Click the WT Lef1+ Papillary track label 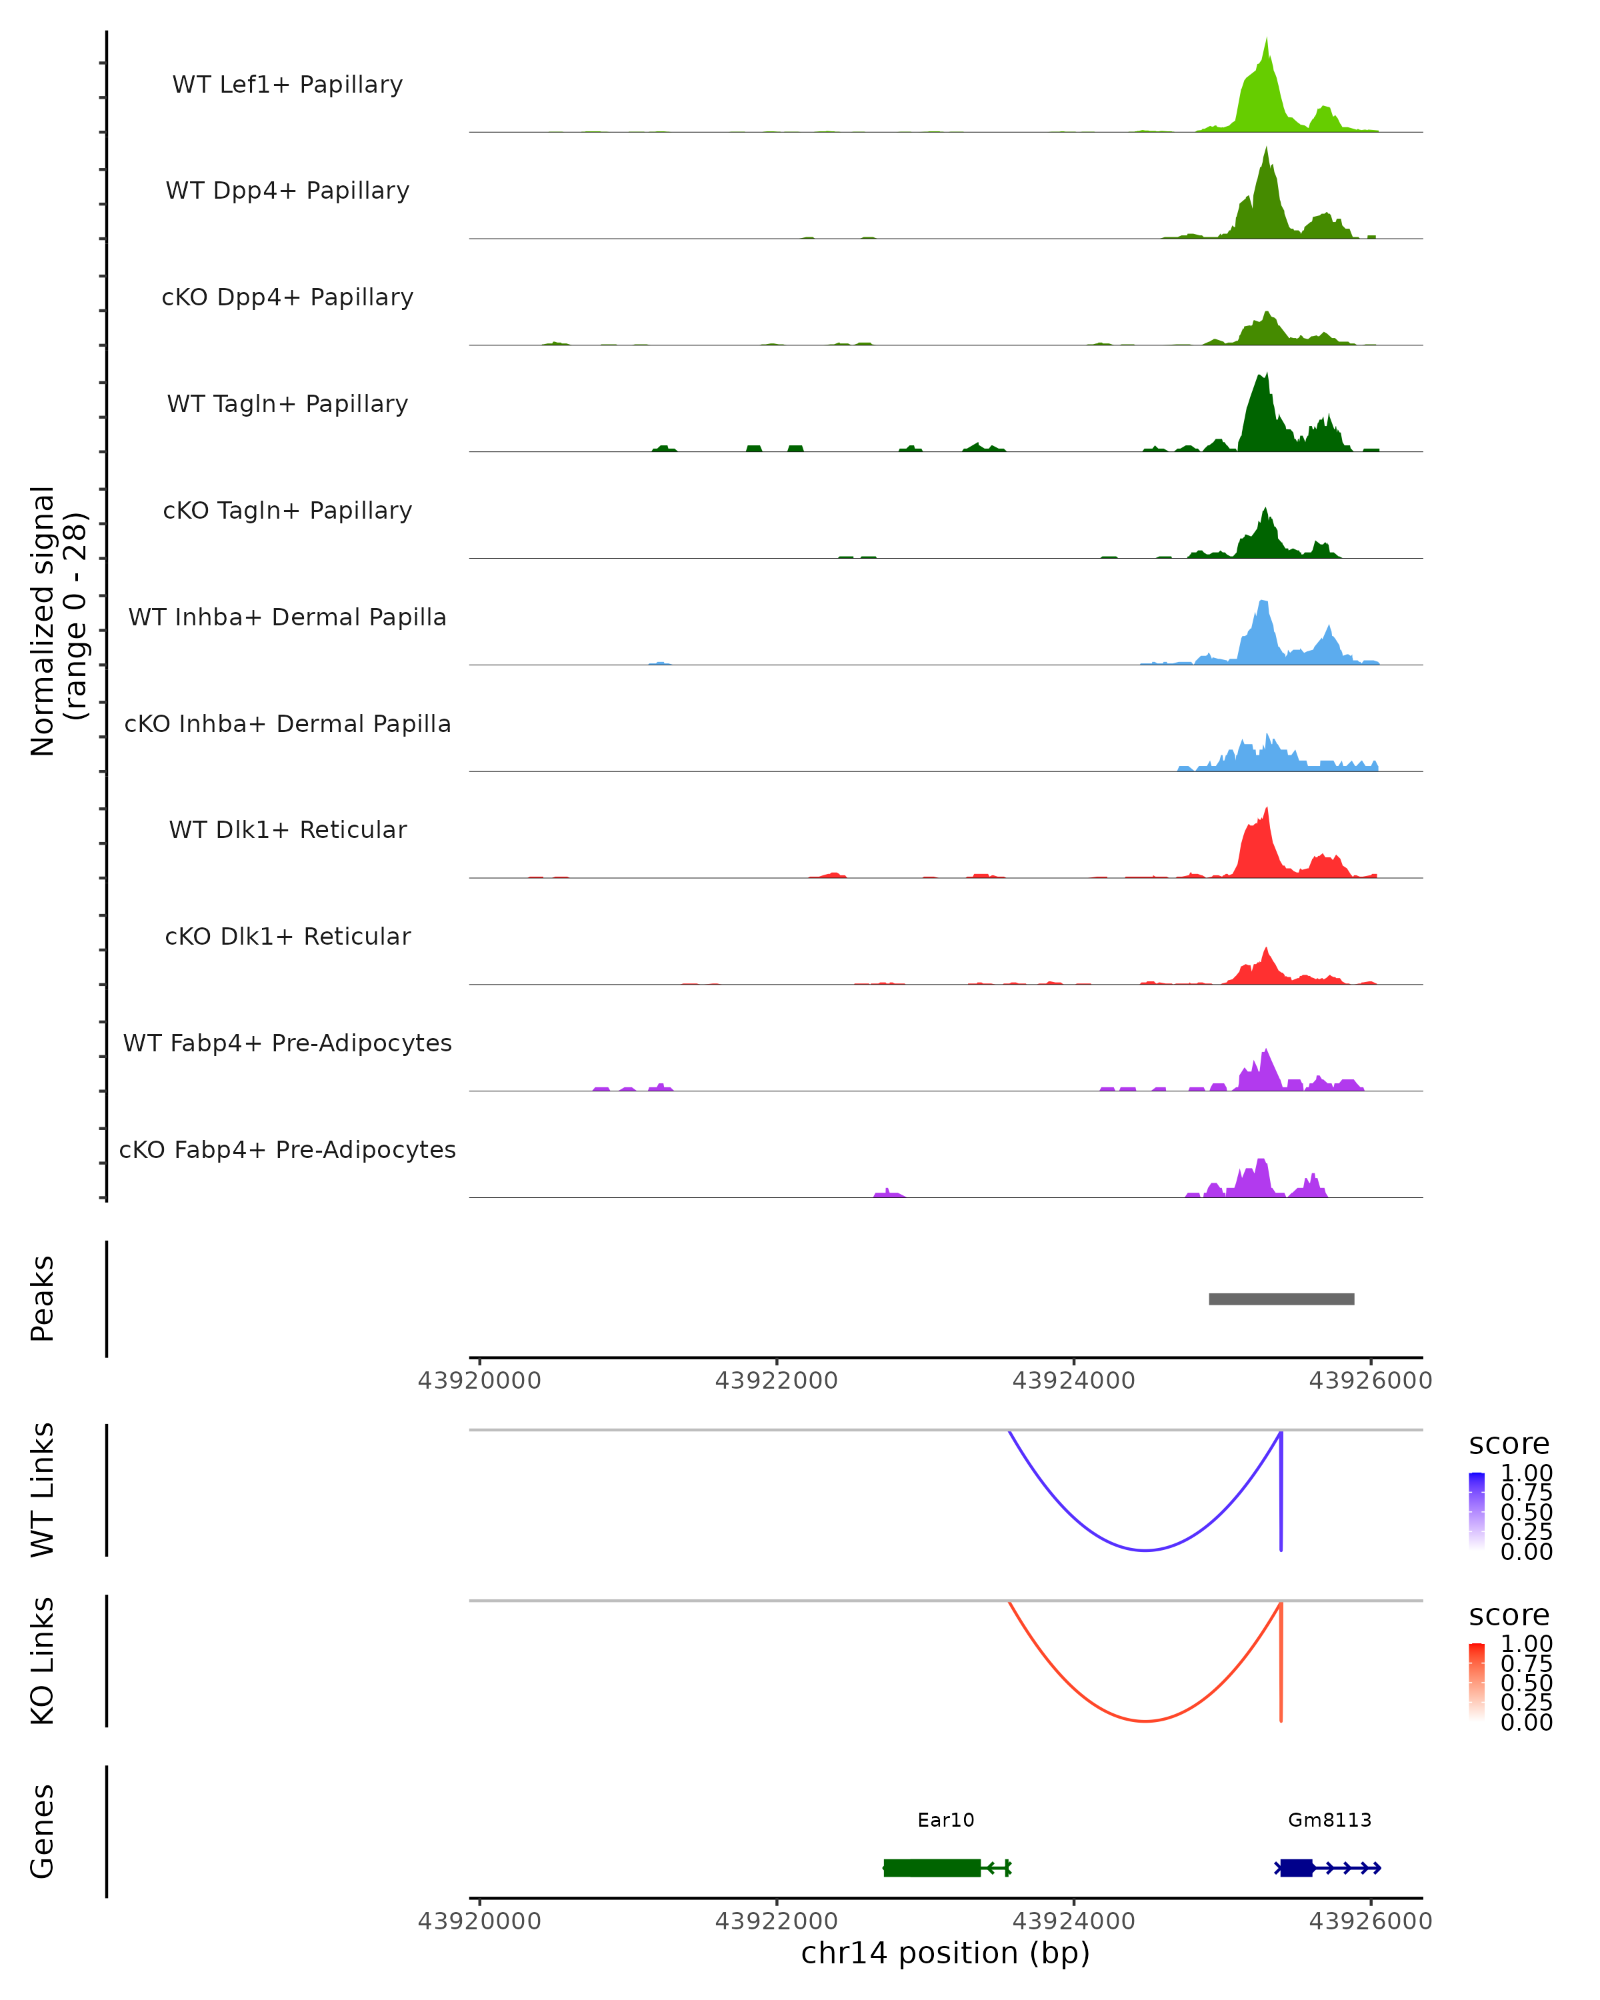(x=287, y=85)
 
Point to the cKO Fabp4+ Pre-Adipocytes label (x=287, y=1149)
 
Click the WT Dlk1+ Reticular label (x=287, y=829)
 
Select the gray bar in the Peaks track (x=1281, y=1299)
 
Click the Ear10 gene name (x=945, y=1820)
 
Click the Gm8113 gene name (x=1329, y=1820)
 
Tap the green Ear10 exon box (x=931, y=1868)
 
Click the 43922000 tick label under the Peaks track (x=777, y=1381)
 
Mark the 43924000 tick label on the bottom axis (x=1073, y=1921)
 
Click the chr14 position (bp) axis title (x=945, y=1953)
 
